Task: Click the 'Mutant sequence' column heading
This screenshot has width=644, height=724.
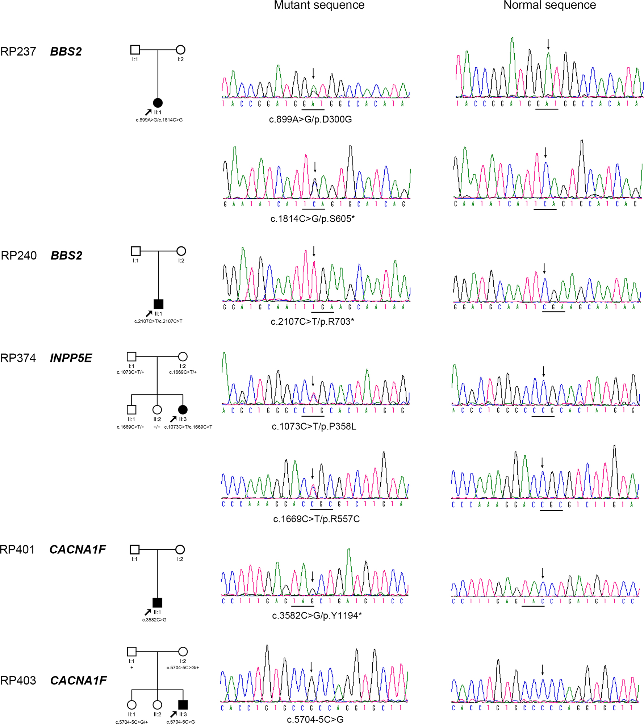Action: coord(319,5)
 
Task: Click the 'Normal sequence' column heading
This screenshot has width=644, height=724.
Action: coord(549,5)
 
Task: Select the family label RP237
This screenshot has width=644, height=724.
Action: coord(18,51)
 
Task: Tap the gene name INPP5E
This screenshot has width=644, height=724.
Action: coord(71,358)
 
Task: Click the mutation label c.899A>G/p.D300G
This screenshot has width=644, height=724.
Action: coord(310,119)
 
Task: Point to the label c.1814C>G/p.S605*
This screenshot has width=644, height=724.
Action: coord(312,219)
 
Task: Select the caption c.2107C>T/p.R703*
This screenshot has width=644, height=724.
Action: coord(312,321)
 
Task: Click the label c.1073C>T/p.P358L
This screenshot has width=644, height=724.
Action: coord(314,426)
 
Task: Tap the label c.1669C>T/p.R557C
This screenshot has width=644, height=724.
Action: coord(316,519)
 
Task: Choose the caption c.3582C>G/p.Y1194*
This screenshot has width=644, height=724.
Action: coord(317,615)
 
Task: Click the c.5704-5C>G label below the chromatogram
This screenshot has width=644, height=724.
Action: coord(315,719)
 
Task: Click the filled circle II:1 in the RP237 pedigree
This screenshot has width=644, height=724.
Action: coord(158,103)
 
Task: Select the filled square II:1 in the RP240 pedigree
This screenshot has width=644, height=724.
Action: coord(158,304)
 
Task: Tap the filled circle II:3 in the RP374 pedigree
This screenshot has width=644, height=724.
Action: coord(183,409)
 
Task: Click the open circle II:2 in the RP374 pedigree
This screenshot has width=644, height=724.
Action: coord(157,409)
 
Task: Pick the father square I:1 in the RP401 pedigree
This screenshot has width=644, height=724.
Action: coord(134,550)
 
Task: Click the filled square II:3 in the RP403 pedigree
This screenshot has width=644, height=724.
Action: coord(183,704)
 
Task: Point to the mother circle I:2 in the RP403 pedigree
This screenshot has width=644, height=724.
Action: coord(183,652)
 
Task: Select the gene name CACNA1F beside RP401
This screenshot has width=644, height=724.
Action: coord(78,550)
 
